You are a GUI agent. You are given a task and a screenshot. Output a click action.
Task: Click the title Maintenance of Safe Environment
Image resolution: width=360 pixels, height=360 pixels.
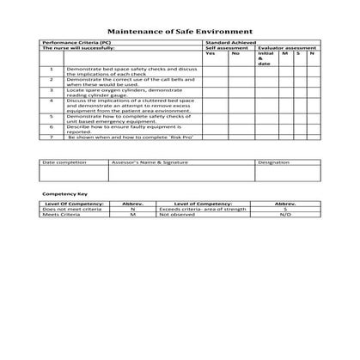(x=180, y=29)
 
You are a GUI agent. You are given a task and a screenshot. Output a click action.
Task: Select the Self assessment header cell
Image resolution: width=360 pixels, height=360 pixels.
(x=226, y=47)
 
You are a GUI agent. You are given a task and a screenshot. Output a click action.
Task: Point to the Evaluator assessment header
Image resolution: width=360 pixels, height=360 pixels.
(x=286, y=47)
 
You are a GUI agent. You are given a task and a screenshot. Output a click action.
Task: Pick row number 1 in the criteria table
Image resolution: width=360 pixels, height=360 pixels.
(x=52, y=68)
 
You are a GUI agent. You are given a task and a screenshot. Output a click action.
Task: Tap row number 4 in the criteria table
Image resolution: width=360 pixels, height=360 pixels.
(x=52, y=101)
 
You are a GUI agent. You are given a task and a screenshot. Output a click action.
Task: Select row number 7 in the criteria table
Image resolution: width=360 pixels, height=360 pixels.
(x=52, y=137)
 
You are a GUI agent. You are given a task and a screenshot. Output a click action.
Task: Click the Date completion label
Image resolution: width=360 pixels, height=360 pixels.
(x=64, y=162)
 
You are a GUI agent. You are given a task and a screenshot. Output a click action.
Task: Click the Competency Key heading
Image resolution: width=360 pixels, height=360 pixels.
(x=65, y=194)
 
